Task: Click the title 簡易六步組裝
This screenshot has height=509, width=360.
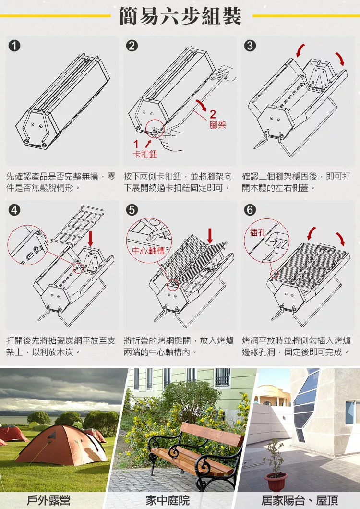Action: click(180, 16)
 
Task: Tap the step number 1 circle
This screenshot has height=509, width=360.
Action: click(14, 46)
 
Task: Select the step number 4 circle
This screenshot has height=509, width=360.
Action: click(14, 210)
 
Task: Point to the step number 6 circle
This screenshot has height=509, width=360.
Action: click(250, 210)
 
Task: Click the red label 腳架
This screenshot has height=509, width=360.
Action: click(217, 125)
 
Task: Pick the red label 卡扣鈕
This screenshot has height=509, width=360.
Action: click(145, 154)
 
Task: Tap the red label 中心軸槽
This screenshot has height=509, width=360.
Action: click(148, 250)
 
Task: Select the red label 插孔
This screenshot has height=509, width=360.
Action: click(257, 232)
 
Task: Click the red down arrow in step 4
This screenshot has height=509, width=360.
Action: click(91, 239)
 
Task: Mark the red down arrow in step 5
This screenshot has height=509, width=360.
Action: click(210, 236)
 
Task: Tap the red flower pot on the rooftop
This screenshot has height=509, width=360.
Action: click(276, 481)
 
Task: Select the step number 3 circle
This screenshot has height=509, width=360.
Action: click(250, 46)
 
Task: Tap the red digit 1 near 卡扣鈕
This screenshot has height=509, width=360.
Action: click(136, 144)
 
